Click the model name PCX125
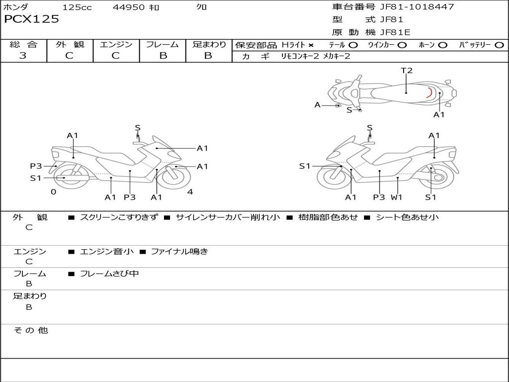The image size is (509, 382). pos(31,19)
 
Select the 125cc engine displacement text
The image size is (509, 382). pos(77,7)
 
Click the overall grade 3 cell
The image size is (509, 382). pos(23,56)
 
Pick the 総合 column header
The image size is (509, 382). pos(23,45)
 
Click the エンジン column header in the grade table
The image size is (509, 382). pos(116,45)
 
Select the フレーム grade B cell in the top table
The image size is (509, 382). pos(163,56)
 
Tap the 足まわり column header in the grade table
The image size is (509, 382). pos(209,45)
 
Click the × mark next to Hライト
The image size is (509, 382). pos(311,45)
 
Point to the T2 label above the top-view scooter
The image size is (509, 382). pos(407,71)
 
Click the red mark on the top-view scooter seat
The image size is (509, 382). pos(429,93)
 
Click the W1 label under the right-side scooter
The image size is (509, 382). pos(396,197)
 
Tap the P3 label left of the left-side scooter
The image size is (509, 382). pos(36,166)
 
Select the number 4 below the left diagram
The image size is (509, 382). pos(190,192)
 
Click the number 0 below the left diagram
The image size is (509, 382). pos(54,192)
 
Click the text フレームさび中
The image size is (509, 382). pos(109,274)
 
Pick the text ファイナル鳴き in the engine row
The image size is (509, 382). pos(179,252)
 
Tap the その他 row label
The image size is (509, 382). pos(30,330)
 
